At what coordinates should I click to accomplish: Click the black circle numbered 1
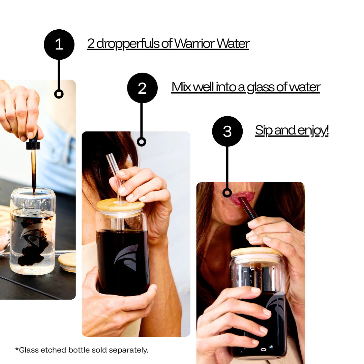point(59,44)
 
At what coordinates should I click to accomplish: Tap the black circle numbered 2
point(142,88)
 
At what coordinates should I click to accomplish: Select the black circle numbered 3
point(227,131)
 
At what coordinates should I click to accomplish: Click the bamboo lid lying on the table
point(67,263)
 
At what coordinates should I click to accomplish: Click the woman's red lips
point(241,198)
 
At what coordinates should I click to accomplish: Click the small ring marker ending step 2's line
point(141,142)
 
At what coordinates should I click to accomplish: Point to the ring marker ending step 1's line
point(59,94)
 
